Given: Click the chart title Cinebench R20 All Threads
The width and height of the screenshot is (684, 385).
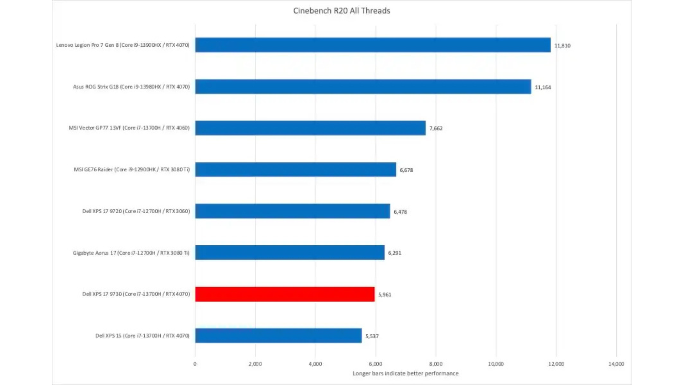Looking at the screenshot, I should (x=341, y=11).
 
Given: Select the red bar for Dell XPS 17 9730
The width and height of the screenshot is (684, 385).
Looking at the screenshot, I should (x=285, y=294).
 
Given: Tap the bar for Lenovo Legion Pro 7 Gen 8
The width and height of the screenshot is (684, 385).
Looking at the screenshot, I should (x=373, y=45).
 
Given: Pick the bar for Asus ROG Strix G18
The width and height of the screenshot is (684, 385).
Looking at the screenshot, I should (x=363, y=87).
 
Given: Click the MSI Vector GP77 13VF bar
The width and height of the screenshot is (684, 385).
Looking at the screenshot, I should (x=310, y=128).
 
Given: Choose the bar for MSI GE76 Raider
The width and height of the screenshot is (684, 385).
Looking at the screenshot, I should (x=295, y=169).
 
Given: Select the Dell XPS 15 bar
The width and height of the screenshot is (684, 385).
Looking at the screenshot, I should (x=278, y=335).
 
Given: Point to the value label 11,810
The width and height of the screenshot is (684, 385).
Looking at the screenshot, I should (x=562, y=46).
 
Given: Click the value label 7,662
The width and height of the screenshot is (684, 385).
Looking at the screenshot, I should (x=436, y=128).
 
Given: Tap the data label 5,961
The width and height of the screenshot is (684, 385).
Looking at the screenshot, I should (x=384, y=294).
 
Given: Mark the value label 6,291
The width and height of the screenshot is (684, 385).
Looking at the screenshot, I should (x=394, y=253).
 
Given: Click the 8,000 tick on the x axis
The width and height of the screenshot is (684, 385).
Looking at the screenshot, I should (x=435, y=364).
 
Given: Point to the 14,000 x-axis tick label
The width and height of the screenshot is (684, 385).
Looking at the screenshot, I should (x=616, y=364).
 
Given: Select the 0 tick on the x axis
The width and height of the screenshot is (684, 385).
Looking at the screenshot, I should (x=195, y=364).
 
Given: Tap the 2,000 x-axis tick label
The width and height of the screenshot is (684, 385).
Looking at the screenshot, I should (x=255, y=364).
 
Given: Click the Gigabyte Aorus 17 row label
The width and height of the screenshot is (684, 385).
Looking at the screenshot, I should (x=131, y=253).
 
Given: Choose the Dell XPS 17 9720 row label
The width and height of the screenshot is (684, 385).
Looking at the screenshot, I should (x=136, y=211).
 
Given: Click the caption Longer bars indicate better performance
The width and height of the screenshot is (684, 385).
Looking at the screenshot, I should (x=405, y=373).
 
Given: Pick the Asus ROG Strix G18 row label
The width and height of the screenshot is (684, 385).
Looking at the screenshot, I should (x=131, y=87).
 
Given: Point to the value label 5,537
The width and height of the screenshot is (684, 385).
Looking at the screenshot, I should (x=372, y=336).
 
